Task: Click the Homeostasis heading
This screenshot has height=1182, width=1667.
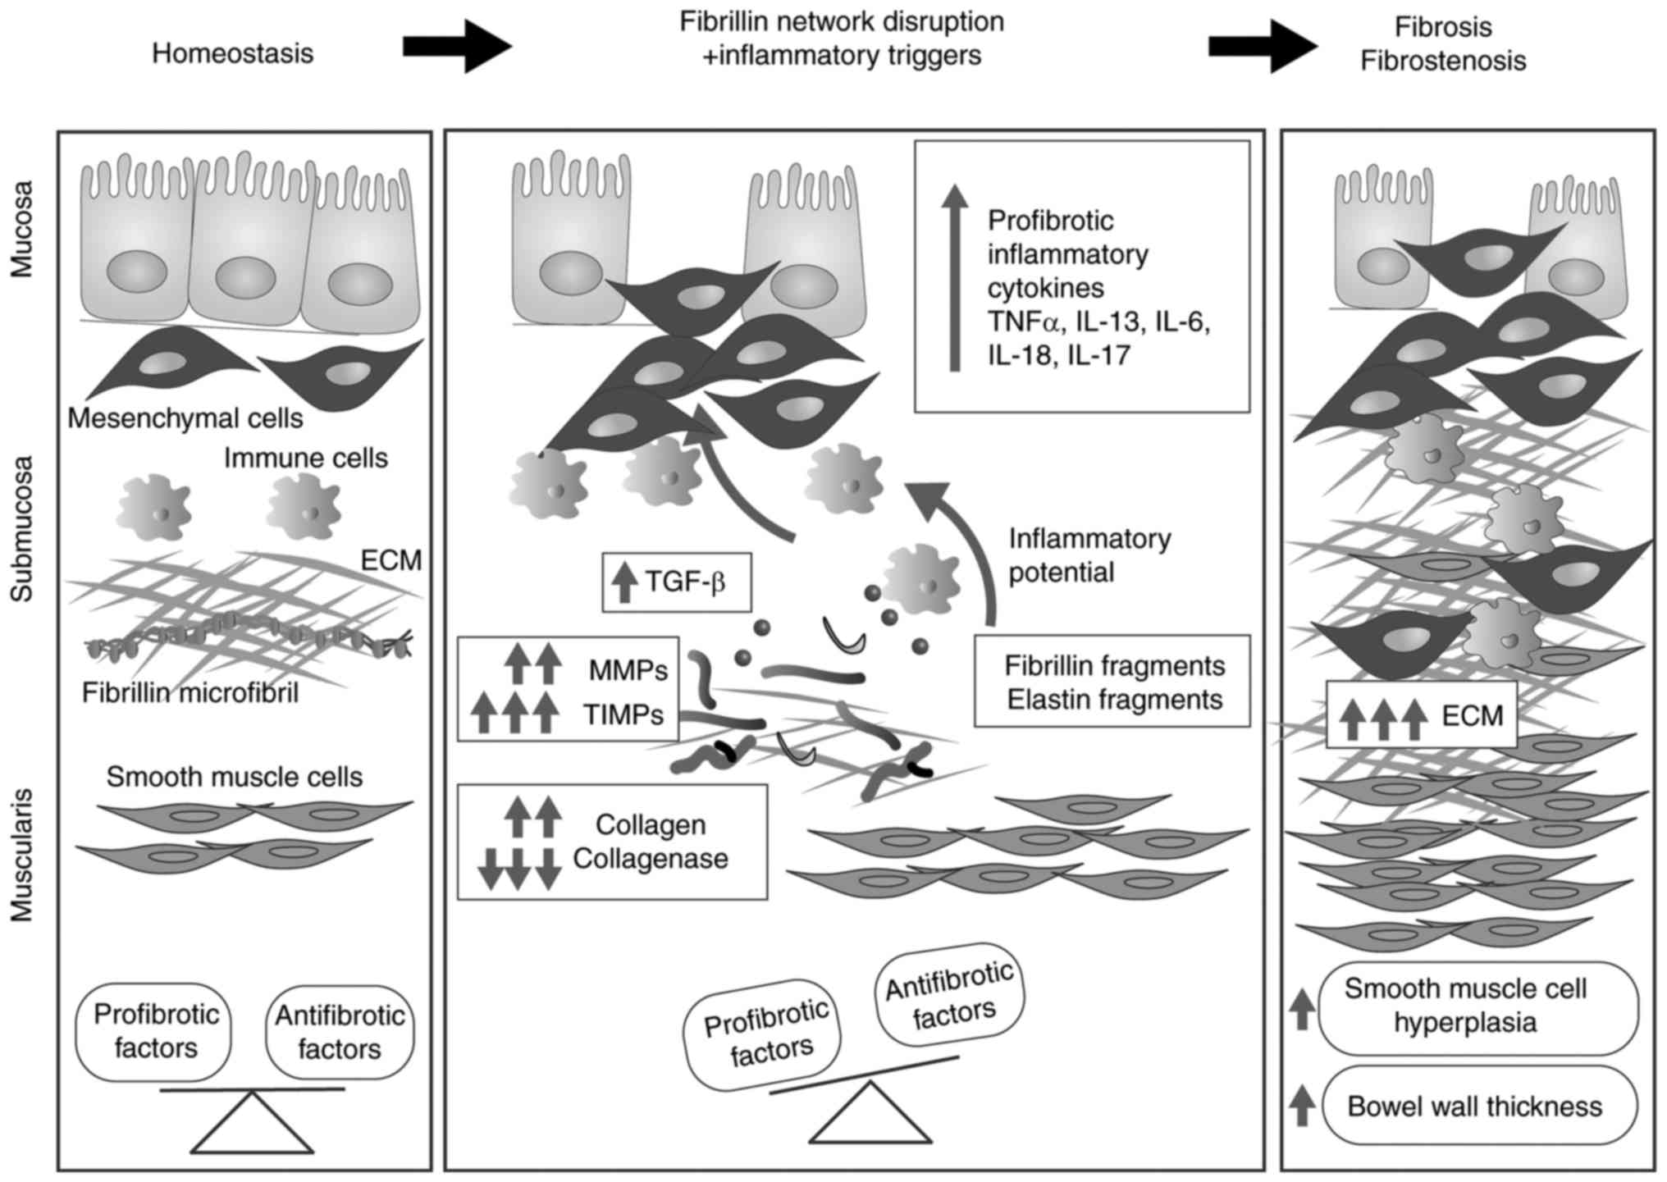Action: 233,54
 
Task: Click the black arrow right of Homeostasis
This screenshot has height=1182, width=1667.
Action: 457,48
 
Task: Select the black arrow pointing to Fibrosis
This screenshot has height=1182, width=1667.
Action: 1263,48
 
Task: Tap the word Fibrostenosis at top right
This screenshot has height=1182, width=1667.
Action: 1443,62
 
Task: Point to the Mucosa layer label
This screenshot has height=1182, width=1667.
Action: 23,229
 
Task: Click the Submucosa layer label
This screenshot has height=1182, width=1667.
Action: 23,529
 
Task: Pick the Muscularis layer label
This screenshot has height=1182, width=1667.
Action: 23,855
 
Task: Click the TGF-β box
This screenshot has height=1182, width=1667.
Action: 677,582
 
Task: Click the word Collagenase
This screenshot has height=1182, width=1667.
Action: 651,859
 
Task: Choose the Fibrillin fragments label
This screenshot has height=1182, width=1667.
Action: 1115,666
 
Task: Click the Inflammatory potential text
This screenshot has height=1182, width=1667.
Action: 1089,555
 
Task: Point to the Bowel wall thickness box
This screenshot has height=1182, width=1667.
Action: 1474,1107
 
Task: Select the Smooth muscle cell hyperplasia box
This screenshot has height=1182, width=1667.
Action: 1466,1006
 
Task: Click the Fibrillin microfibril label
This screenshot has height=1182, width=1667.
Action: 190,693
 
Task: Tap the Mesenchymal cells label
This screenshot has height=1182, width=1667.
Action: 185,418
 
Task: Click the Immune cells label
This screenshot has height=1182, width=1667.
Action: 306,458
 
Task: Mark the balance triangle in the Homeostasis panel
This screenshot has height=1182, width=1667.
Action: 252,1126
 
